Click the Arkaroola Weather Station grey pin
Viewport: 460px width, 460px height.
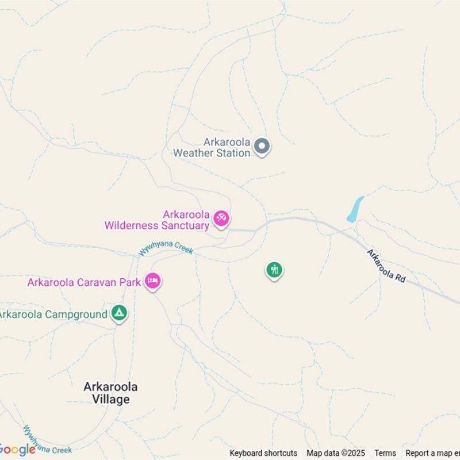pos(262,147)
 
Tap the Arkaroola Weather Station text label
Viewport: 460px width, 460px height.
pos(212,147)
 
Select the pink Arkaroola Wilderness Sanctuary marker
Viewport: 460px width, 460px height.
pos(221,218)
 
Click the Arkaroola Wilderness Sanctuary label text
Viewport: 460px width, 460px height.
pos(157,220)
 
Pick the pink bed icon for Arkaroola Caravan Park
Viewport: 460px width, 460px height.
pos(152,281)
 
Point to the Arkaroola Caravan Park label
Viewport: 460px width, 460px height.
pos(85,282)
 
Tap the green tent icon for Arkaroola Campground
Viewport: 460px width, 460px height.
pos(119,313)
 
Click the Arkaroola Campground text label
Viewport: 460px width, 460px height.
pos(53,315)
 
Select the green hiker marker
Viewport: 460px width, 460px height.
pos(274,269)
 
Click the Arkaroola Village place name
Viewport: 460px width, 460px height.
pos(111,392)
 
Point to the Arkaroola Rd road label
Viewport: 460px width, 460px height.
pos(386,266)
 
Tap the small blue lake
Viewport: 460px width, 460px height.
pos(355,209)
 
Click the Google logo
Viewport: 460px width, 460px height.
pos(17,450)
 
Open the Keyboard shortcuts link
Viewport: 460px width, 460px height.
pos(263,453)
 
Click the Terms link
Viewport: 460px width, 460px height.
pos(385,453)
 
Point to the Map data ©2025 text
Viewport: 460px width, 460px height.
pos(336,453)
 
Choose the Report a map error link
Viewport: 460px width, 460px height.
pos(432,453)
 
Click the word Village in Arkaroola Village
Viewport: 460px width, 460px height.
pos(111,398)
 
